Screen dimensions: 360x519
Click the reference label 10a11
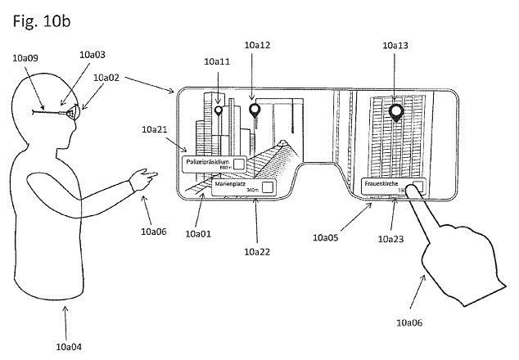(x=217, y=61)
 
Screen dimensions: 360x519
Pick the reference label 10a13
(x=395, y=46)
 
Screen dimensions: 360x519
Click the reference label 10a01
(x=198, y=233)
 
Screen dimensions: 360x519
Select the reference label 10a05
(x=327, y=237)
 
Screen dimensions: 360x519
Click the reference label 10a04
(x=65, y=346)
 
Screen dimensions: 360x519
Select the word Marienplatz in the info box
(x=231, y=185)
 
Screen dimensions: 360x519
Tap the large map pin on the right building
(x=397, y=112)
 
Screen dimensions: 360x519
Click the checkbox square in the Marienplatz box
(x=266, y=187)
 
